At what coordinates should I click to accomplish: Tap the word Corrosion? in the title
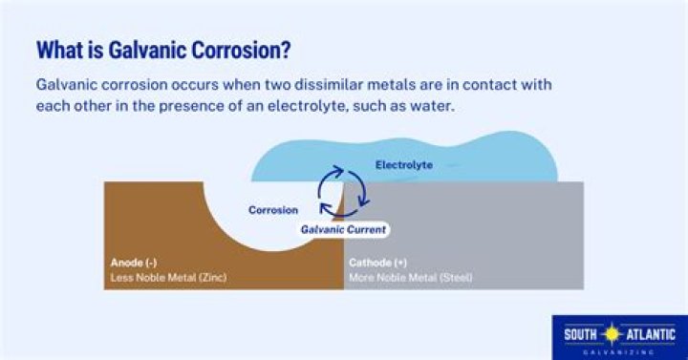tap(241, 50)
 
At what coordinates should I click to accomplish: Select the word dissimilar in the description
tap(329, 84)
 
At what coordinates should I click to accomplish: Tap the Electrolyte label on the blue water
tap(404, 165)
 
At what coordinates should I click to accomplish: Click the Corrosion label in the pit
tap(273, 210)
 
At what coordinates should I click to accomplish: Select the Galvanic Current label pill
tap(343, 229)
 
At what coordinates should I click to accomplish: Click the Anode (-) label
tap(134, 263)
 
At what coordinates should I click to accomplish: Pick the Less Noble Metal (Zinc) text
tap(168, 277)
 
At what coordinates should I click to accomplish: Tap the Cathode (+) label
tap(377, 263)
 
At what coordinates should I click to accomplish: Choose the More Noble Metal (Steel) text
tap(411, 278)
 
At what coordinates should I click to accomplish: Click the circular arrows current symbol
tap(343, 191)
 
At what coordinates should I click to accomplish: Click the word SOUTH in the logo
tap(581, 335)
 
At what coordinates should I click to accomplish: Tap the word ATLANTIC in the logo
tap(650, 335)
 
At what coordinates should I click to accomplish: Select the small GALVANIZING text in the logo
tap(618, 352)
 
